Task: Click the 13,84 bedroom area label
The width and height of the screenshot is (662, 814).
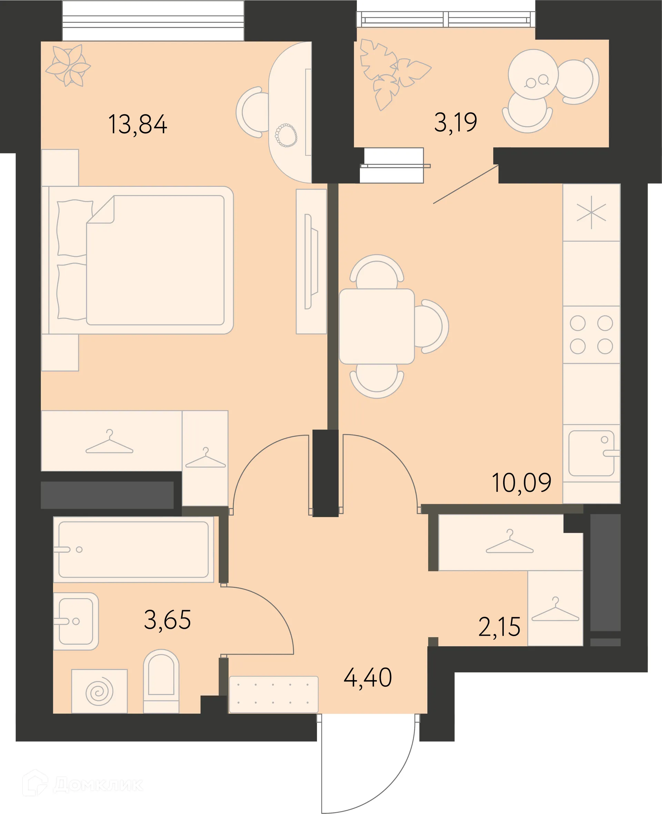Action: click(138, 125)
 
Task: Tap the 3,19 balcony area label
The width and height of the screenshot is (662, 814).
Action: click(455, 122)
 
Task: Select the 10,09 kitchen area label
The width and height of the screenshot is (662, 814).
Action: click(521, 483)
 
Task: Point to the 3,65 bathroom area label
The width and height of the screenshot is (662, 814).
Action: click(168, 620)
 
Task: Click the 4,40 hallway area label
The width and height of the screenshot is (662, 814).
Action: click(368, 677)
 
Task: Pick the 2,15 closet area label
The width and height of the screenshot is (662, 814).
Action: click(499, 626)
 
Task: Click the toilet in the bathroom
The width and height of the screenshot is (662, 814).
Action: click(161, 681)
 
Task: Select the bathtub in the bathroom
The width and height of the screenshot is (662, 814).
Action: click(133, 550)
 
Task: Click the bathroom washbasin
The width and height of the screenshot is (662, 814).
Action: click(76, 622)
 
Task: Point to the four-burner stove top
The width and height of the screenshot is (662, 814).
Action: click(591, 335)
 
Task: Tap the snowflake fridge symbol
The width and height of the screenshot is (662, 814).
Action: click(591, 212)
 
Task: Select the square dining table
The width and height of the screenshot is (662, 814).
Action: click(377, 326)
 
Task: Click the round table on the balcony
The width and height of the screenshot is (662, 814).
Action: click(533, 75)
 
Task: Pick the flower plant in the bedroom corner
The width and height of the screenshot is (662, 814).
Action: click(68, 65)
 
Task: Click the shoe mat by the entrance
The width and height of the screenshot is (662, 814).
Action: click(274, 694)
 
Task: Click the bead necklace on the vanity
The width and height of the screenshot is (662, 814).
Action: click(286, 135)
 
